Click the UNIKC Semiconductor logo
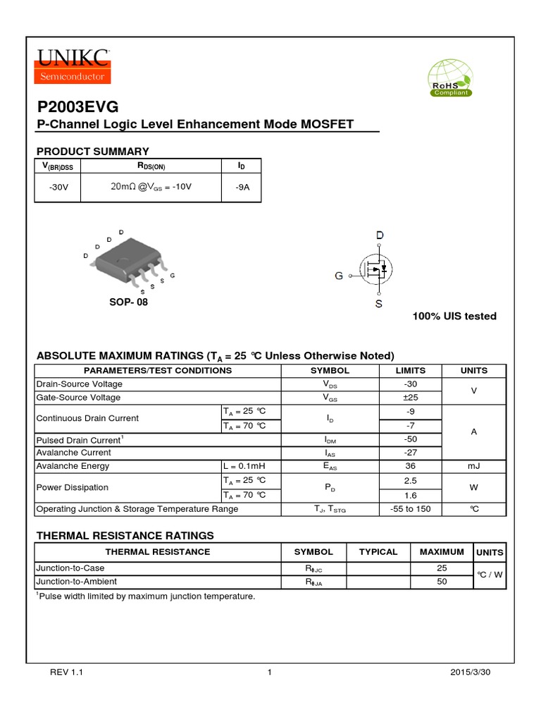coord(73,65)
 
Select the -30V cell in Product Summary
coord(58,188)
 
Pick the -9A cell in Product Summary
coord(241,188)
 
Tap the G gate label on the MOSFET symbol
coord(339,276)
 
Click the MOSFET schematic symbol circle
coord(376,269)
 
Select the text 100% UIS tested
coord(454,316)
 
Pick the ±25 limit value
coord(411,398)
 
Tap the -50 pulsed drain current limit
coord(411,439)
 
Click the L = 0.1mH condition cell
coord(243,466)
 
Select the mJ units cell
coord(474,466)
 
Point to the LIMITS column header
coord(411,370)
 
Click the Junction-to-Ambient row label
coord(76,582)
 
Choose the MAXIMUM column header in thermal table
coord(442,552)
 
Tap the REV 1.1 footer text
coord(66,673)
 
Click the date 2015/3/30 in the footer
coord(470,673)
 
